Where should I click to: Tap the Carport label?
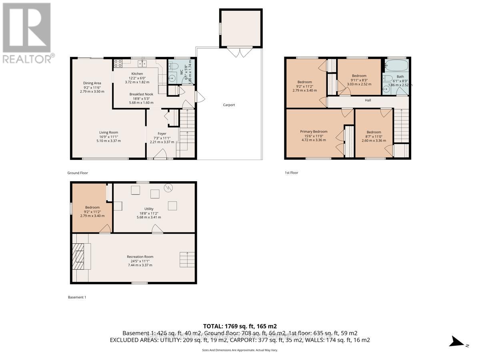coord(229,105)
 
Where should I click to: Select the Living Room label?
coord(108,132)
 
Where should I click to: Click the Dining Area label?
coord(92,83)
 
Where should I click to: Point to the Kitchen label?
coord(137,74)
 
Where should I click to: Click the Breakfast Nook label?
coord(141,94)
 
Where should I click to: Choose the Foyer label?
coord(162,134)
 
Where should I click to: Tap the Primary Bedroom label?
coord(314,132)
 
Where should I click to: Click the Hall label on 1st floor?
coord(368,100)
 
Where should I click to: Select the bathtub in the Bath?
coord(395,66)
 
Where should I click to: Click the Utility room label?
coord(149,209)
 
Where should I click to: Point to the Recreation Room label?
coord(140,257)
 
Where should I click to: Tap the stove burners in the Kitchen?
coord(118,63)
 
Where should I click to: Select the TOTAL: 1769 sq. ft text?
coord(240,326)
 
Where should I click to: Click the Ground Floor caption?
coord(78,173)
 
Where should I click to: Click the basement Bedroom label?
coord(92,207)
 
